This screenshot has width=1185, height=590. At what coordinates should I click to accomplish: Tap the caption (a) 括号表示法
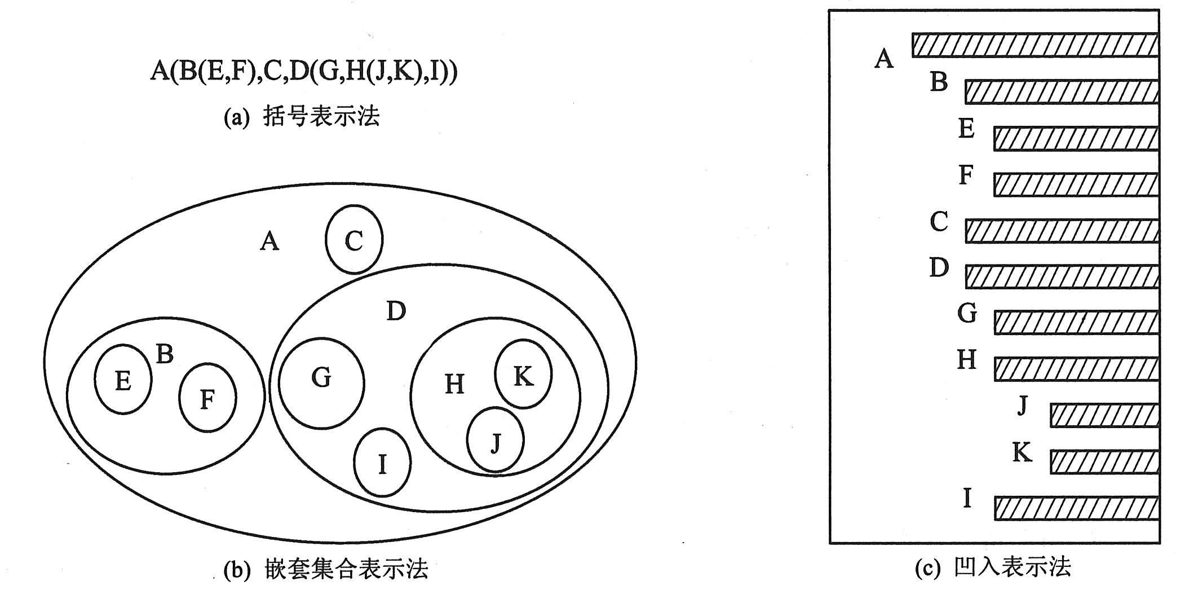(x=302, y=117)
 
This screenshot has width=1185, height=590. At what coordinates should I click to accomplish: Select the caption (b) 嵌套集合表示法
(x=326, y=569)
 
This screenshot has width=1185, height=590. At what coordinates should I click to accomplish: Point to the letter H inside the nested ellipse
(x=454, y=385)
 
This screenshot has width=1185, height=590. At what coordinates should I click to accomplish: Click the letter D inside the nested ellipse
(x=396, y=311)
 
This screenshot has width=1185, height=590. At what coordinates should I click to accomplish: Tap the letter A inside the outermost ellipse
(x=270, y=241)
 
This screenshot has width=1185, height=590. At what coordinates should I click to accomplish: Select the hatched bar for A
(x=1036, y=45)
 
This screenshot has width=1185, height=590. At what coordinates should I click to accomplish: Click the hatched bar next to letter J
(x=1105, y=416)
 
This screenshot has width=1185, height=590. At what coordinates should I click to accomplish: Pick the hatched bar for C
(x=1063, y=231)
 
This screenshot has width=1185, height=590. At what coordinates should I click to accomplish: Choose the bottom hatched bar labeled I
(x=1077, y=508)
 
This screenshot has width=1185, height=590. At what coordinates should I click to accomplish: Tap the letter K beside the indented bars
(x=1022, y=452)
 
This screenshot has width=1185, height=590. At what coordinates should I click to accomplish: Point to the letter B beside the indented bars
(x=939, y=81)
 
